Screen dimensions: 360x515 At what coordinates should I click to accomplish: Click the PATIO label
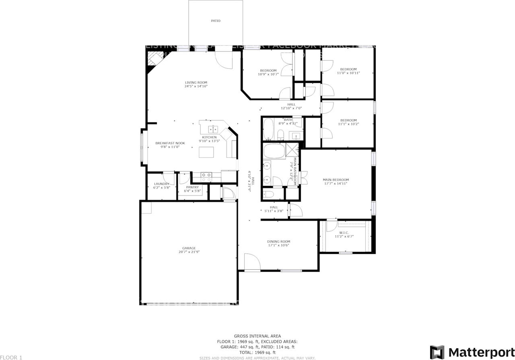216,21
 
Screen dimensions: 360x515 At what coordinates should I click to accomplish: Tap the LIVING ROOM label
196,82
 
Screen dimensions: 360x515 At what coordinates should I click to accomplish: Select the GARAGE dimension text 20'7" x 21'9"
189,252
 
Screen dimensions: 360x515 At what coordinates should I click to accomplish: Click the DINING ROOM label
278,242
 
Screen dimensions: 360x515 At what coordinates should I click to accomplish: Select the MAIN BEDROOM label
336,180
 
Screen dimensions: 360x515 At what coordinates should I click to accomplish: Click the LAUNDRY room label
162,184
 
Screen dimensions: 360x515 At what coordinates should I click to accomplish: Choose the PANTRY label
192,187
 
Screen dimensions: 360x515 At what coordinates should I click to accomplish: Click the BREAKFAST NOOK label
170,143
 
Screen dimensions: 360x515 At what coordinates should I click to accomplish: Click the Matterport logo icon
437,352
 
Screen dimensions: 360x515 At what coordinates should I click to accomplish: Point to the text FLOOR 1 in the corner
11,357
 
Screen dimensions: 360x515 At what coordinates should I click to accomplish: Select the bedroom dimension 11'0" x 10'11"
348,73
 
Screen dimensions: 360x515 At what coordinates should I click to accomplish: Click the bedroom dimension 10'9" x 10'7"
268,74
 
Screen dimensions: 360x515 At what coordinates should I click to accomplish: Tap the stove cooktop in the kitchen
206,175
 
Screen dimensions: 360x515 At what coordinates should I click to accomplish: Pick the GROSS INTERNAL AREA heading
257,336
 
